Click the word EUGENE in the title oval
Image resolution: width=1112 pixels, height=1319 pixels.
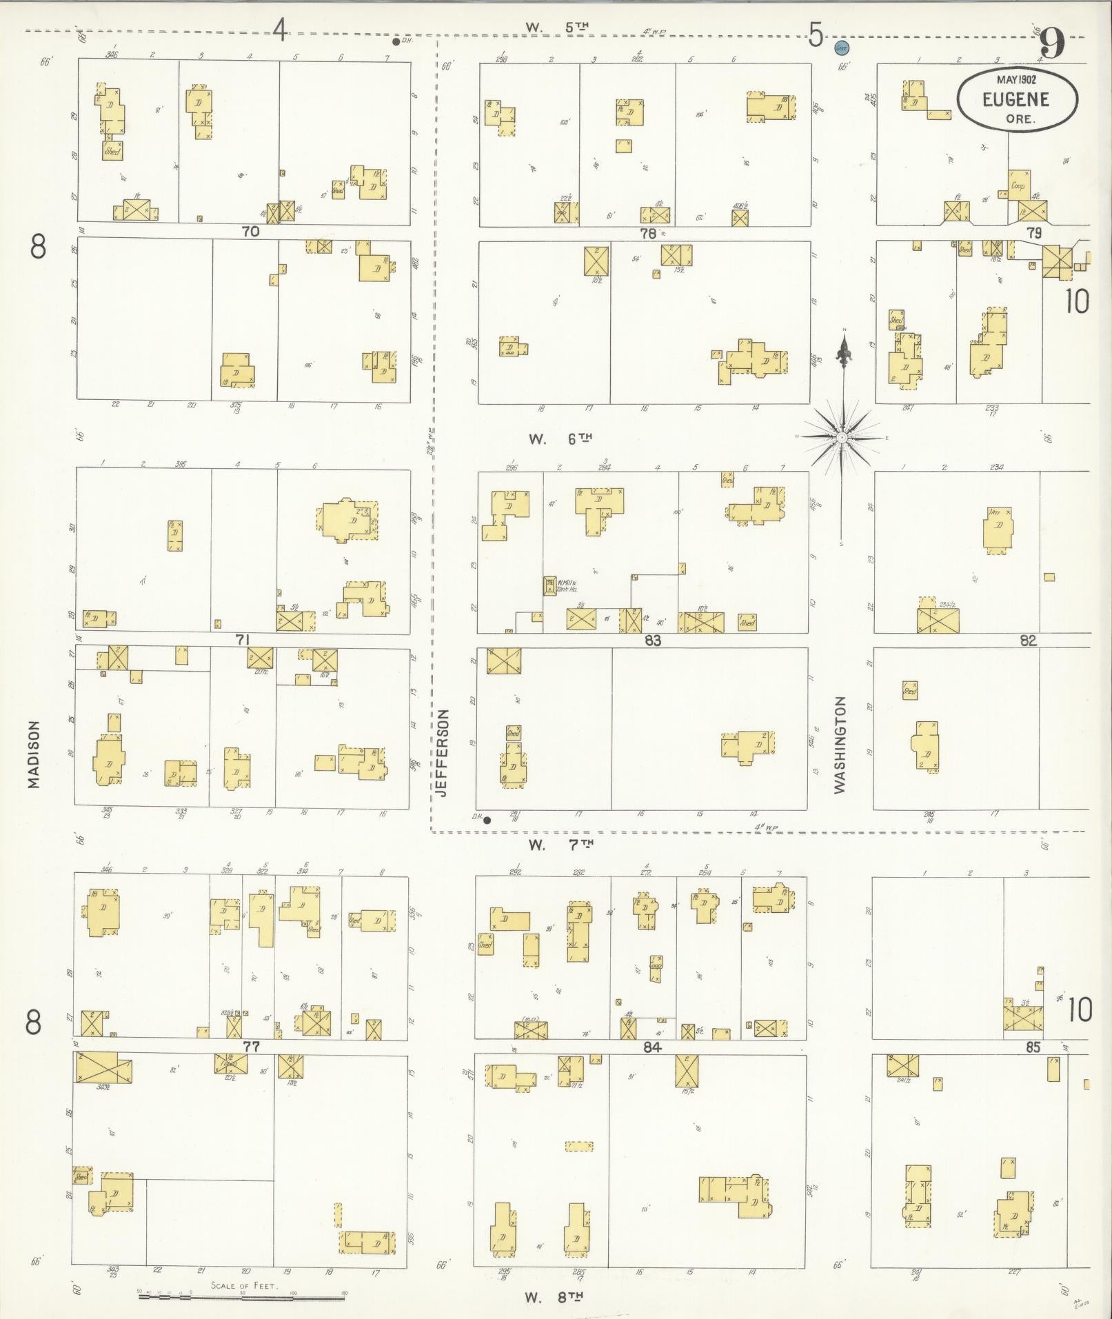(1016, 99)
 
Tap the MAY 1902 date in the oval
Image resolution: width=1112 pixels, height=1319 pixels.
(1016, 80)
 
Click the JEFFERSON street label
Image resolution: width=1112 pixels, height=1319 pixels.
(443, 753)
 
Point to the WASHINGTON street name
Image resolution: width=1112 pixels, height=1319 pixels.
(840, 745)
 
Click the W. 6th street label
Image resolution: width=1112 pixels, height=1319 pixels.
(560, 438)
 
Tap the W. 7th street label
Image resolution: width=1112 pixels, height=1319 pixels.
(560, 843)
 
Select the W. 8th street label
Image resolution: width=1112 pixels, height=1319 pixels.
(554, 1296)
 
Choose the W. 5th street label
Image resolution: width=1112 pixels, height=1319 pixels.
(558, 28)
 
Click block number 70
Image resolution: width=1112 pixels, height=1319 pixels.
(250, 232)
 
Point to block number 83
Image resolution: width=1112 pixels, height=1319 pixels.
(652, 641)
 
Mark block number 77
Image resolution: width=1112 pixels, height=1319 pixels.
(250, 1047)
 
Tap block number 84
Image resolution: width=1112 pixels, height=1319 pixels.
(652, 1047)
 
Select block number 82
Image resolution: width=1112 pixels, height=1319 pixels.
(1028, 641)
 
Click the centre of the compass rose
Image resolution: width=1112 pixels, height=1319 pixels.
(842, 437)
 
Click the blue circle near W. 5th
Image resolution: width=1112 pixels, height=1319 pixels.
(841, 48)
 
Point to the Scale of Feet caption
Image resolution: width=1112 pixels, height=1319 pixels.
(244, 1285)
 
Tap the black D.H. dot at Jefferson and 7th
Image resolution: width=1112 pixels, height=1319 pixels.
(487, 820)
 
